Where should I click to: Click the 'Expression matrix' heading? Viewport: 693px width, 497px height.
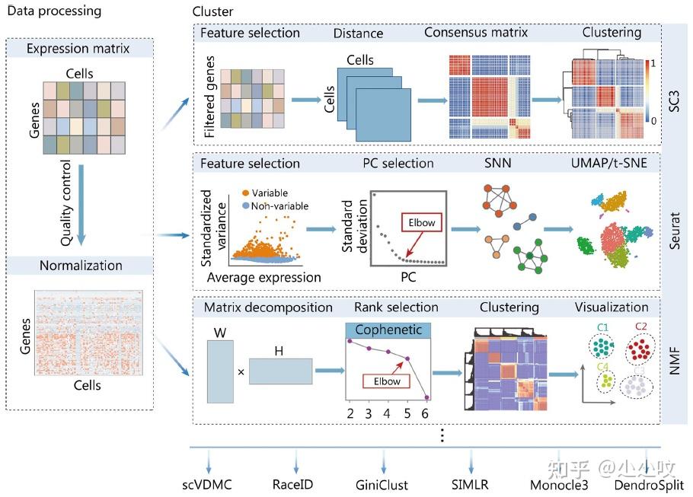[79, 49]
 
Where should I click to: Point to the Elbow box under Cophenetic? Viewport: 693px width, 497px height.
[386, 381]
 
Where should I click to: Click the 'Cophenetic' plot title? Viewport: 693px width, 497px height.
[388, 330]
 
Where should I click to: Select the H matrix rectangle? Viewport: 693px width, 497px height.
[280, 371]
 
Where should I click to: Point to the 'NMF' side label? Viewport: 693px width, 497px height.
[674, 364]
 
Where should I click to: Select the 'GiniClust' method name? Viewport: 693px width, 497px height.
[382, 484]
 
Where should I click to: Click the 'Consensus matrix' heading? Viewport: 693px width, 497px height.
[475, 33]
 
